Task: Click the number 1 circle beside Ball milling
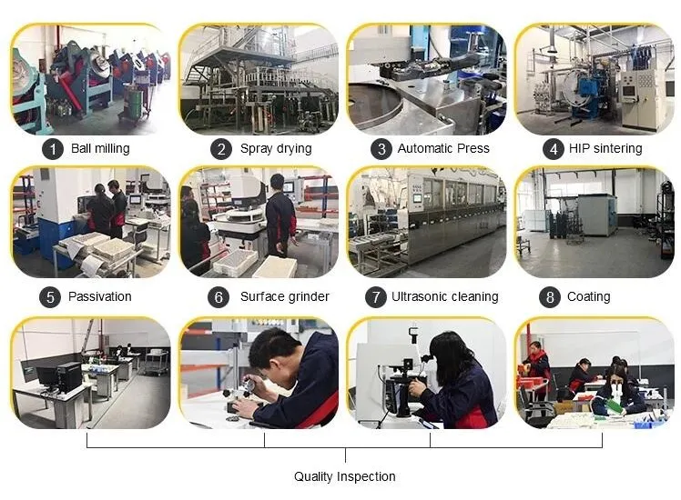(x=53, y=149)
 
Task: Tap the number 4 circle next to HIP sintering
(x=554, y=149)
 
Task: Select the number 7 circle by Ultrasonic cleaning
(x=376, y=297)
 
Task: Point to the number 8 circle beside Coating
(x=550, y=297)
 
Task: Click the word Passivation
(x=100, y=296)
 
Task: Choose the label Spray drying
(x=276, y=149)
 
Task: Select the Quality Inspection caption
(x=345, y=476)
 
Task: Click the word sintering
(x=617, y=149)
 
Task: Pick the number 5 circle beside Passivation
(x=50, y=297)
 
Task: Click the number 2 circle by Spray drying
(x=221, y=149)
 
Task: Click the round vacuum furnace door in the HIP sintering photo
(x=575, y=88)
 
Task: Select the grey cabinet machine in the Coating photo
(x=596, y=215)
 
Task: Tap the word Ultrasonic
(x=414, y=296)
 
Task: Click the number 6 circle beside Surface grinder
(x=219, y=297)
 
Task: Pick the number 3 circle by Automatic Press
(x=381, y=149)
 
